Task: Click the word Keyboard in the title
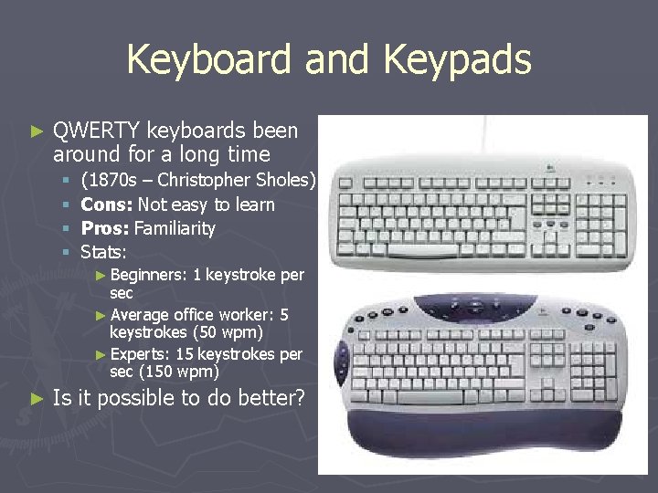tap(209, 60)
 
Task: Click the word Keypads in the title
tap(457, 60)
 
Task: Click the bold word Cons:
tap(106, 205)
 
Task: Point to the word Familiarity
tap(175, 228)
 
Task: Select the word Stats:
tap(103, 252)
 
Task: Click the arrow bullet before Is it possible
tap(37, 398)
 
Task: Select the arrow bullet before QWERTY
tap(37, 131)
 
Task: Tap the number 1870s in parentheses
tap(106, 180)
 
